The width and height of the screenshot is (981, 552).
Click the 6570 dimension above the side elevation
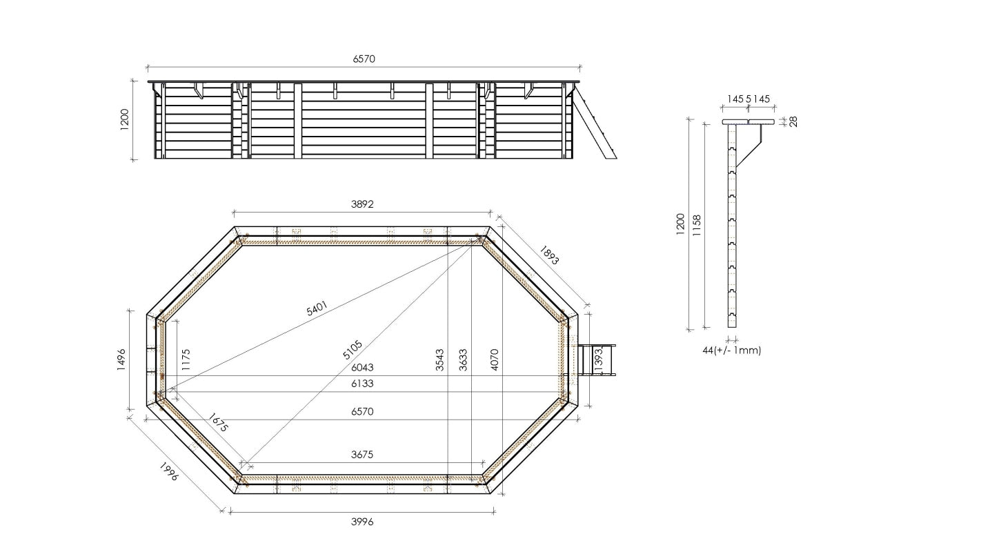coord(364,59)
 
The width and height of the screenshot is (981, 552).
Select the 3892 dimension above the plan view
coord(362,204)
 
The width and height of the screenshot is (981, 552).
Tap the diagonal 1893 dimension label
coord(550,255)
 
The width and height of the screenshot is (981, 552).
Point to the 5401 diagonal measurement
coord(317,308)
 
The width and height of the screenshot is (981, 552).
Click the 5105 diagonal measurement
coord(353,349)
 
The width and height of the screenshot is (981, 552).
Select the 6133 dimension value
coord(362,384)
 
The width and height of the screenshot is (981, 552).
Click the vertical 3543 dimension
coord(440,360)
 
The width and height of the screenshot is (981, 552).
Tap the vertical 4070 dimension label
coord(494,360)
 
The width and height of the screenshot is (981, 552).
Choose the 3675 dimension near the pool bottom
coord(362,455)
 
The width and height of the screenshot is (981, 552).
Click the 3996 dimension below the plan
coord(362,522)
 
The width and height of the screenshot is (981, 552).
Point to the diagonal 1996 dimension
coord(169,471)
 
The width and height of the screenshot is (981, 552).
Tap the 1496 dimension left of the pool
coord(121,360)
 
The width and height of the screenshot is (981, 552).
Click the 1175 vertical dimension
coord(186,360)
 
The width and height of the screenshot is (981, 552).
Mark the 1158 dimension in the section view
coord(697,225)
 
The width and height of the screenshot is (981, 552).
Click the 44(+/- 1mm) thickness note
coord(731,351)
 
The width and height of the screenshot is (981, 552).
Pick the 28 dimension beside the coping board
coord(793,121)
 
